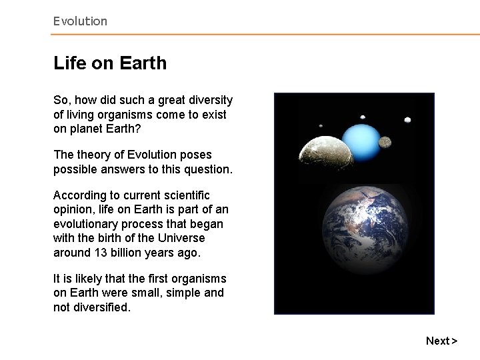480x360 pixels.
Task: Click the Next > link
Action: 441,341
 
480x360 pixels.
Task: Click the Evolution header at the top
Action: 80,21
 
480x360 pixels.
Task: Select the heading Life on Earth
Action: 110,64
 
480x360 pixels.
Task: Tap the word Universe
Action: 181,238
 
